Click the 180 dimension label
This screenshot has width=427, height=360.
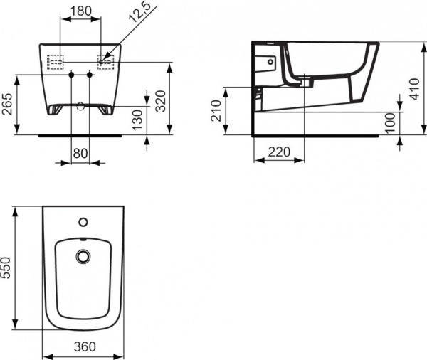(80, 11)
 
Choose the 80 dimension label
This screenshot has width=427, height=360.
(80, 154)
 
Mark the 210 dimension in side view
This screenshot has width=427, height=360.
(215, 111)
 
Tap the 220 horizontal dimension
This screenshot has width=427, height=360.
(279, 152)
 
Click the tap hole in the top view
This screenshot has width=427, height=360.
(83, 221)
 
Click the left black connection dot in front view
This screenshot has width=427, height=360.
(71, 75)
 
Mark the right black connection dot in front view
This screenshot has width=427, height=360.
(90, 75)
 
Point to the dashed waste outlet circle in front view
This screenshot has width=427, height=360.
(80, 107)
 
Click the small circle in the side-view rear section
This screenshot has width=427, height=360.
(270, 62)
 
